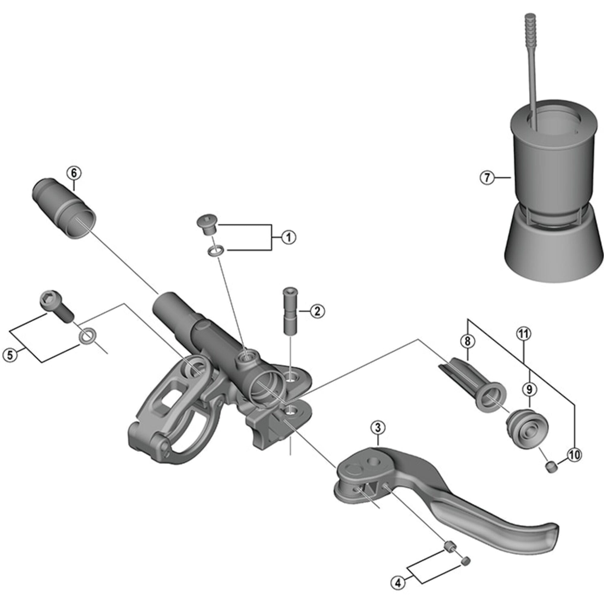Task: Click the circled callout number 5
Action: pyautogui.click(x=10, y=355)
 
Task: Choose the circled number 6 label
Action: pyautogui.click(x=74, y=172)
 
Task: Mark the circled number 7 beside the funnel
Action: pyautogui.click(x=487, y=178)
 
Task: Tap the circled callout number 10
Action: pyautogui.click(x=575, y=455)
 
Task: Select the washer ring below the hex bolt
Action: pyautogui.click(x=87, y=337)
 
